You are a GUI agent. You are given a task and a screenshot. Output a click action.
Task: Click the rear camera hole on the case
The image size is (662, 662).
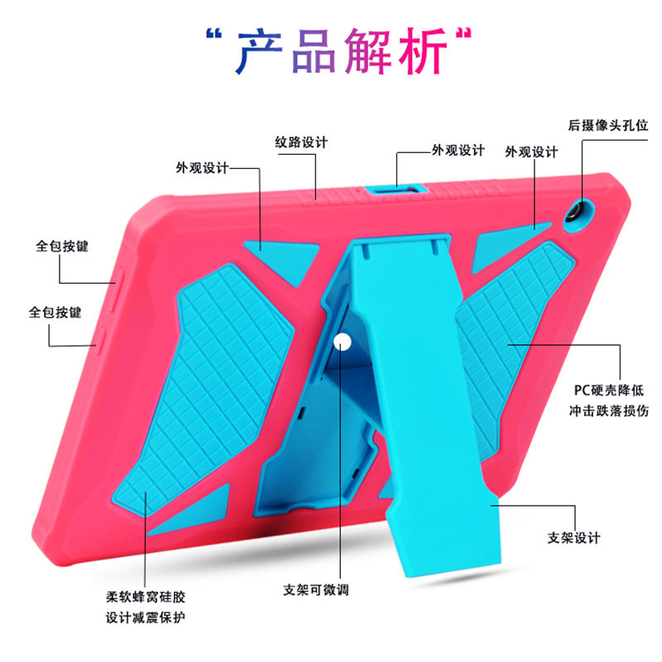coord(572,213)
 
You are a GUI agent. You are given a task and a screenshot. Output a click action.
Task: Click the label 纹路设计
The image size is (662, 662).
coord(301,142)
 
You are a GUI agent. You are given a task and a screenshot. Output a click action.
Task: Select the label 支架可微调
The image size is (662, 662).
coord(316,590)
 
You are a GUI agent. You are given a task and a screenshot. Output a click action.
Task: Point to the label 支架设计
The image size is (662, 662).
coord(573,538)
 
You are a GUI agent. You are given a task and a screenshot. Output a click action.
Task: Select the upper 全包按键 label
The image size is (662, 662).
coord(62,247)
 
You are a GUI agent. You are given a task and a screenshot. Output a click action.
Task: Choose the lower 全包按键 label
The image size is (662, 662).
coord(55,313)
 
